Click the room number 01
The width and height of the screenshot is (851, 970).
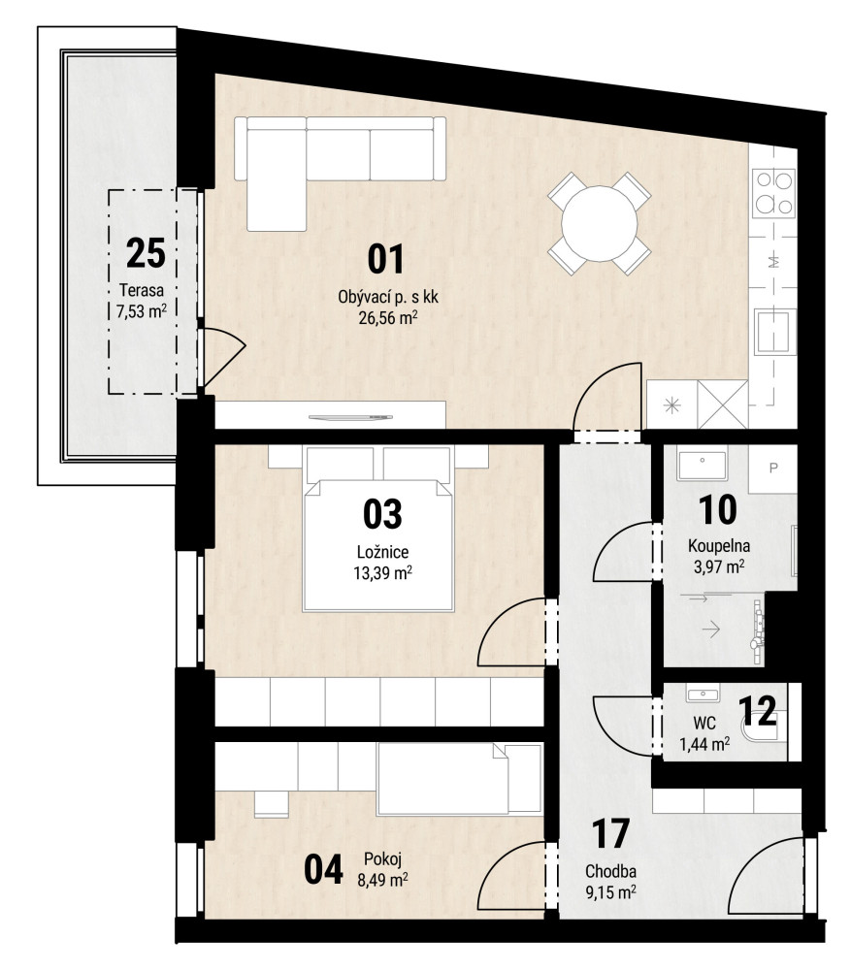click(x=385, y=259)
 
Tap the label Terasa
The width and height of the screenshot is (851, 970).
click(x=142, y=290)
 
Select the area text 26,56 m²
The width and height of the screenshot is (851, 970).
click(x=388, y=317)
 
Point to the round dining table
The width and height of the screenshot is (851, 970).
click(x=599, y=223)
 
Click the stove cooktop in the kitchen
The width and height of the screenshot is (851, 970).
click(x=773, y=192)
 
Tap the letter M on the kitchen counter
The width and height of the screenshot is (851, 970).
click(x=773, y=262)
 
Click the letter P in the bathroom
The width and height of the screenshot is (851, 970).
click(x=773, y=469)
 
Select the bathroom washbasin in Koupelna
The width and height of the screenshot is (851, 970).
click(x=702, y=466)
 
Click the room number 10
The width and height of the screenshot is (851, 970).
click(x=717, y=510)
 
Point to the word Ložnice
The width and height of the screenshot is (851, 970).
click(x=382, y=552)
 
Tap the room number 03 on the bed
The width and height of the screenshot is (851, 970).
click(x=382, y=514)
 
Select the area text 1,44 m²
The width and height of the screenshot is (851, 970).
click(x=704, y=744)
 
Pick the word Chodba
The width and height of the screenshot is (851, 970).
click(x=610, y=872)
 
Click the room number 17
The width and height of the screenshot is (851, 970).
click(x=610, y=834)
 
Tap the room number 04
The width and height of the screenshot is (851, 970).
click(x=323, y=869)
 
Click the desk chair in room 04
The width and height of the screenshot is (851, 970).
click(x=272, y=802)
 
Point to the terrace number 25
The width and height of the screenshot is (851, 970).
click(x=146, y=253)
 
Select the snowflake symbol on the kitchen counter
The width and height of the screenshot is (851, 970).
click(x=672, y=405)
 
